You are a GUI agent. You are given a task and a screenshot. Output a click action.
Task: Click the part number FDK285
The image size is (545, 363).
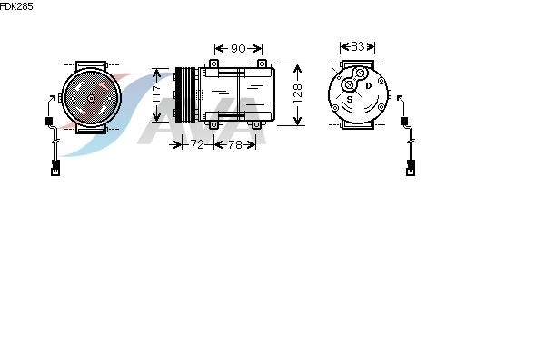tap(16, 6)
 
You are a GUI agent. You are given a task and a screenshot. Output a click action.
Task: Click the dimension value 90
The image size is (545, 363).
tap(238, 48)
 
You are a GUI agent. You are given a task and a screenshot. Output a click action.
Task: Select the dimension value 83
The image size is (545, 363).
tap(357, 46)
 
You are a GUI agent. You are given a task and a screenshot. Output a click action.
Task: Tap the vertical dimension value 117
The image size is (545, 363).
tap(157, 94)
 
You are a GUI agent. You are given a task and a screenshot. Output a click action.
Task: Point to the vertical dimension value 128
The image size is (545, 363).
tap(298, 94)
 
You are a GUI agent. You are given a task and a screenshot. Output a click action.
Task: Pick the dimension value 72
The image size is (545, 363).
tap(197, 144)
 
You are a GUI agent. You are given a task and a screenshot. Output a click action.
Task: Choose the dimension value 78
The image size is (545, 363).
tap(235, 144)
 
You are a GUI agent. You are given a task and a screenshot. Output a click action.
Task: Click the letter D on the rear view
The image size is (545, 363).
tap(369, 85)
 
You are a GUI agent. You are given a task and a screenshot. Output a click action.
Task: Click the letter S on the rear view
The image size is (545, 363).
tap(350, 99)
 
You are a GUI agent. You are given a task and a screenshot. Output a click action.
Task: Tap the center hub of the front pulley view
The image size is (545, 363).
tap(92, 98)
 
